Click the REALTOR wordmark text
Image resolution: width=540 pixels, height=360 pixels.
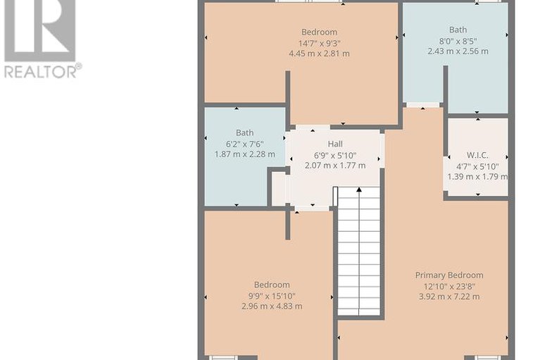click(41, 72)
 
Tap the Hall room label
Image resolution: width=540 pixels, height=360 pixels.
click(335, 144)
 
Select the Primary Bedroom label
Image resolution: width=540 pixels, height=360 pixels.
click(449, 275)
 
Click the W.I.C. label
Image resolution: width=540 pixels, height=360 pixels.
click(477, 156)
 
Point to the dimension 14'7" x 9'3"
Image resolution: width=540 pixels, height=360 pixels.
click(319, 44)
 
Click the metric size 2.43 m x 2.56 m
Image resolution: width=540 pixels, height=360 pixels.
click(458, 51)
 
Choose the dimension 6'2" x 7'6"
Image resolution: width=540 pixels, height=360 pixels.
click(245, 144)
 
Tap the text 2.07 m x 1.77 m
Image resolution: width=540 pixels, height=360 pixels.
click(335, 166)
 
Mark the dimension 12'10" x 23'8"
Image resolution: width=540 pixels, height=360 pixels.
click(449, 286)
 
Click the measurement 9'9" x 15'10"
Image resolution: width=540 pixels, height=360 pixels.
click(272, 296)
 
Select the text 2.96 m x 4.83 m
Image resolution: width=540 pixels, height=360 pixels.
click(272, 306)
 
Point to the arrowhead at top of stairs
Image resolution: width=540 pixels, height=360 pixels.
click(359, 189)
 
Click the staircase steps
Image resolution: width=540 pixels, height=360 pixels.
click(359, 251)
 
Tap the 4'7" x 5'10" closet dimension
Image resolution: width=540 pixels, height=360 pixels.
click(477, 167)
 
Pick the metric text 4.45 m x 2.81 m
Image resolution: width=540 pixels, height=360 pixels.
click(319, 54)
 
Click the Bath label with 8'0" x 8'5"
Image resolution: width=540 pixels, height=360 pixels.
click(458, 30)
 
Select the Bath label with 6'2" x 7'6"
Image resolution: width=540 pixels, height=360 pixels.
click(245, 132)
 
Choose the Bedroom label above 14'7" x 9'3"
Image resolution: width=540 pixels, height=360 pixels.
click(319, 32)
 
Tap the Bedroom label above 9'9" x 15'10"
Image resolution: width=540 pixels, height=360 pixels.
click(272, 285)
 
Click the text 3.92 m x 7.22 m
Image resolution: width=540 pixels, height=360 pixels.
click(449, 297)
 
